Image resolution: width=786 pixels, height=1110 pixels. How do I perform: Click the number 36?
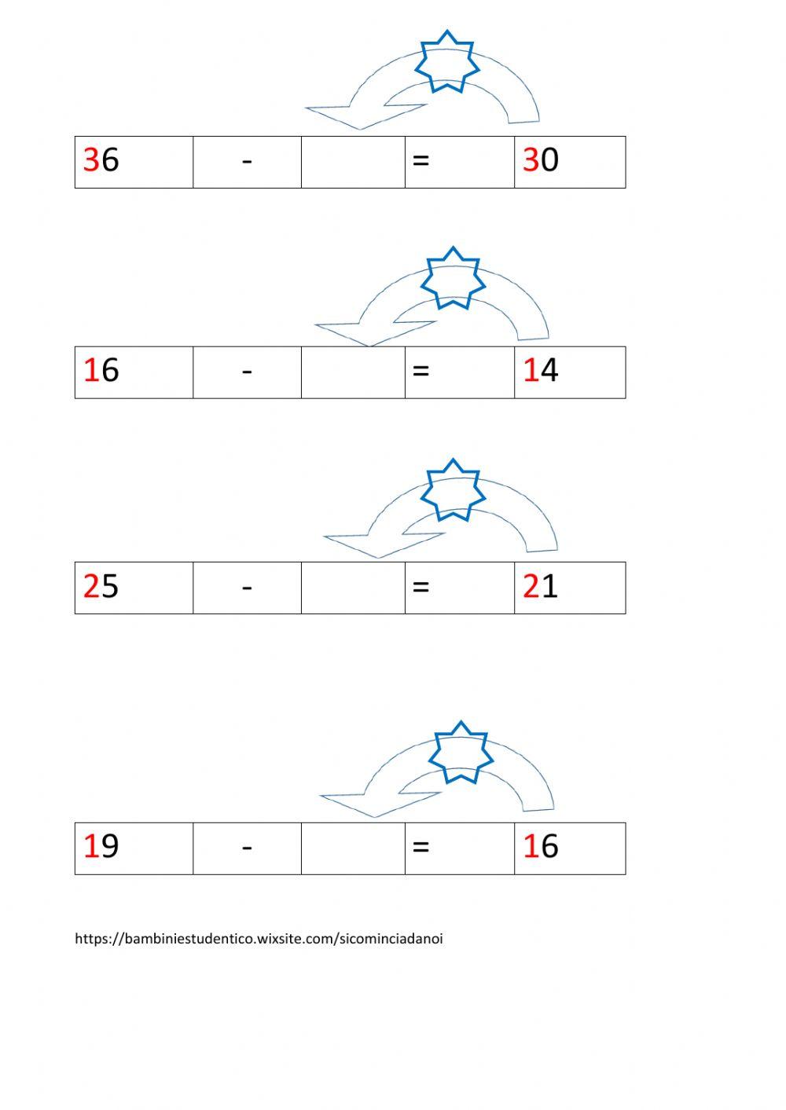tap(101, 160)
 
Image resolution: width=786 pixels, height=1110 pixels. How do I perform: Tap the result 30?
tap(541, 160)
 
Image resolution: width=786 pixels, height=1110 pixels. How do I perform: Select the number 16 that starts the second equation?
tap(101, 370)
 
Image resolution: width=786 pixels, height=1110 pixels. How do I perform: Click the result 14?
tap(541, 370)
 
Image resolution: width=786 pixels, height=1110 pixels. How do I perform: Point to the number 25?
tap(101, 586)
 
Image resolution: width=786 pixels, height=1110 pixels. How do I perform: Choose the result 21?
tap(541, 586)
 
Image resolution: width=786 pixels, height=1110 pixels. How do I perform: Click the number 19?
tap(101, 847)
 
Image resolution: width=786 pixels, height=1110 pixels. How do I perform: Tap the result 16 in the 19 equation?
tap(541, 847)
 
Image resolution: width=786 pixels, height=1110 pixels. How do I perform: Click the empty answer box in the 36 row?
tap(353, 162)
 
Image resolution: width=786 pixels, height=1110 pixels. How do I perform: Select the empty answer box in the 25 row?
tap(353, 588)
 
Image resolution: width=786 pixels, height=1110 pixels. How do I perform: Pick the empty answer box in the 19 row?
tap(353, 848)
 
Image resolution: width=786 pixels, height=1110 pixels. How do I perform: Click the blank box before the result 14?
tap(353, 372)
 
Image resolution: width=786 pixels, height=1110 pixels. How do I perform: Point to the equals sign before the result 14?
tap(421, 371)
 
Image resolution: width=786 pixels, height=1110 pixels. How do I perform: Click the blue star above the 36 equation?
tap(446, 61)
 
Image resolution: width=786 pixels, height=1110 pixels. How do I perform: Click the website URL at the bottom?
tap(259, 939)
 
